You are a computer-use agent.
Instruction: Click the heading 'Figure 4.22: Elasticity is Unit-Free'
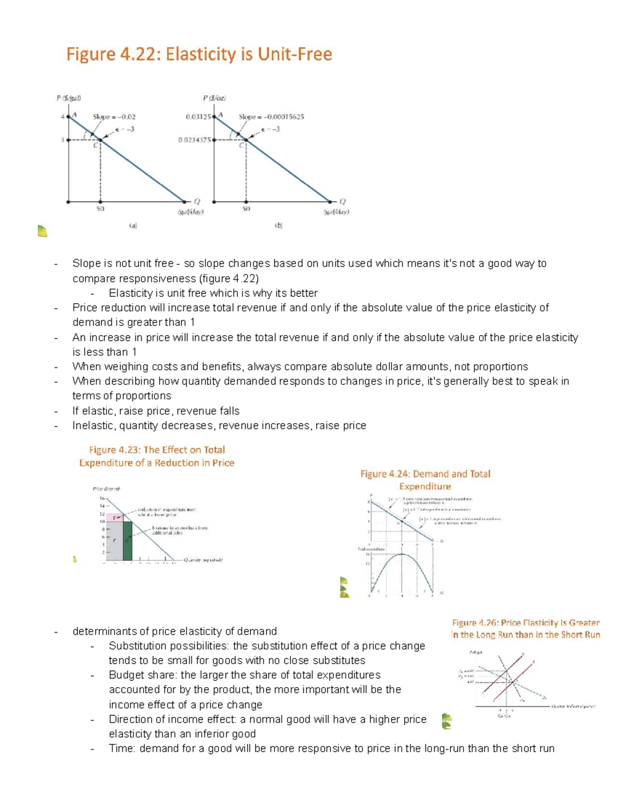[199, 54]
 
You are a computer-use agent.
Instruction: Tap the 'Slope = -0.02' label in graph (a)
[114, 117]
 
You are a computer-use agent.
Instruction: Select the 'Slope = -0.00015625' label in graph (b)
[271, 117]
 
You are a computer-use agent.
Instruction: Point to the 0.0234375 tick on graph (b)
[195, 140]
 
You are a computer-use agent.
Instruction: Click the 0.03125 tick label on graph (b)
[198, 117]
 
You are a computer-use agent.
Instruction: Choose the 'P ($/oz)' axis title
[214, 98]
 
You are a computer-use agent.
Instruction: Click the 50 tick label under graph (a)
[100, 209]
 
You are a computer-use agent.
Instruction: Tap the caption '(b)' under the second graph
[279, 225]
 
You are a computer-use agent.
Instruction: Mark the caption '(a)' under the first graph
[133, 225]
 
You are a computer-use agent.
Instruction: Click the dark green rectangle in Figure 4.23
[127, 541]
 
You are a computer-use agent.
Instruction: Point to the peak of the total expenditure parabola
[402, 554]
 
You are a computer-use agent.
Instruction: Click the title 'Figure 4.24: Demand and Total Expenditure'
[425, 480]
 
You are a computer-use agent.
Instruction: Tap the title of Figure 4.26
[525, 628]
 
